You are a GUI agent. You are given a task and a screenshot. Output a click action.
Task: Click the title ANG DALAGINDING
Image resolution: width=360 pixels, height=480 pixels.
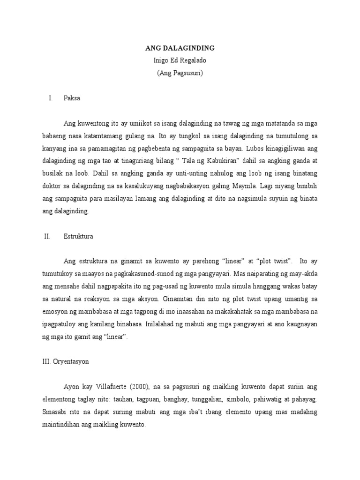180,48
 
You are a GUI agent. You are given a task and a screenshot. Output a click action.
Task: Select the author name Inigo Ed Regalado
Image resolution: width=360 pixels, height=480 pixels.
180,60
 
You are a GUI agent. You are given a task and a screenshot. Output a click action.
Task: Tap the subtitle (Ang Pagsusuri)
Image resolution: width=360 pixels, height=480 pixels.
180,73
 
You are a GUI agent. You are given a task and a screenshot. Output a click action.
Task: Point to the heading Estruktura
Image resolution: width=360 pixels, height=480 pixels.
78,236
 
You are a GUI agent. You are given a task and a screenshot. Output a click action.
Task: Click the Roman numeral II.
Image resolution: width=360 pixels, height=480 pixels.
46,236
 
